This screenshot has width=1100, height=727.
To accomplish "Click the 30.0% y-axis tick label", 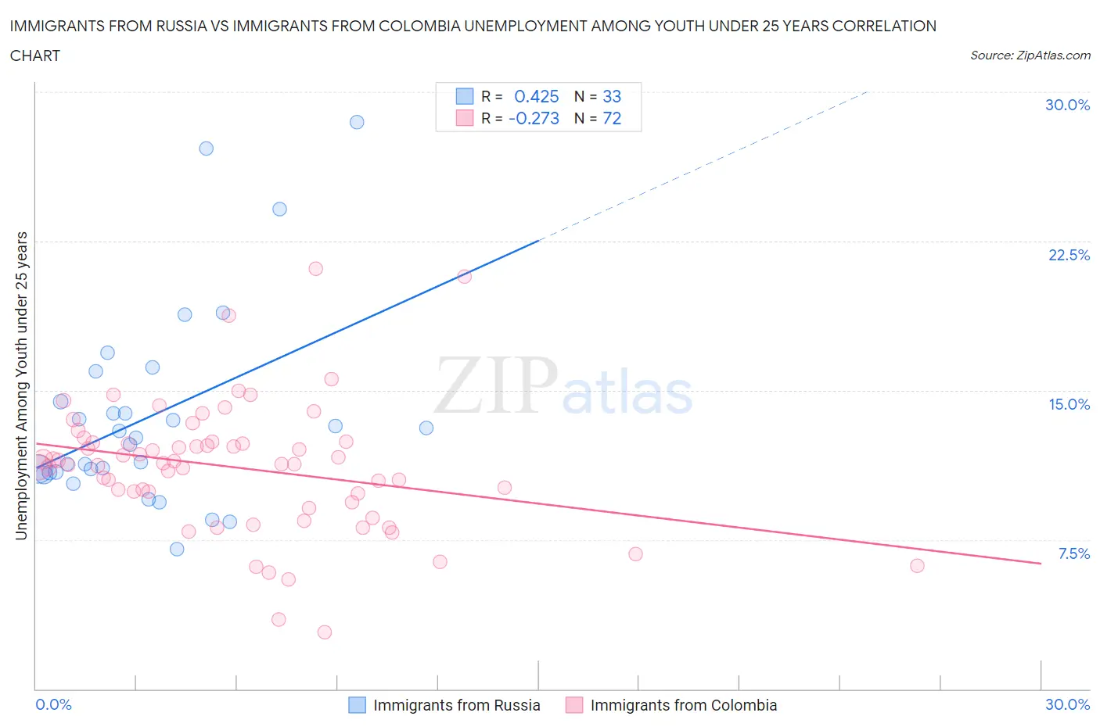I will point(1067,105).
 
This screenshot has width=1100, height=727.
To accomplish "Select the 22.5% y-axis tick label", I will point(1069,255).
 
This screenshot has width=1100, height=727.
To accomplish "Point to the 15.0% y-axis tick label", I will point(1069,404).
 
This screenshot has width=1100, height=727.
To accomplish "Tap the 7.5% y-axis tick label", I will point(1073,553).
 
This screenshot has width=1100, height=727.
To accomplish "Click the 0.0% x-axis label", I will point(53,704).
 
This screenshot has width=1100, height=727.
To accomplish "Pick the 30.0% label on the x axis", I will point(1067,704).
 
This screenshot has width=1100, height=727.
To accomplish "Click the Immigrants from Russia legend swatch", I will point(357,705).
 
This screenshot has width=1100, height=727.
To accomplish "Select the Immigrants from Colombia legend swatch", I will point(574,705).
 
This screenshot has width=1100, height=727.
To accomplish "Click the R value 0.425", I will point(536,96).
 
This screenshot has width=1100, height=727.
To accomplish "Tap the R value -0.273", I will point(534,118).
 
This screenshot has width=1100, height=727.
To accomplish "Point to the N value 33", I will point(612,96).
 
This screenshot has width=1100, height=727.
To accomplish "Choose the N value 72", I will point(612,118).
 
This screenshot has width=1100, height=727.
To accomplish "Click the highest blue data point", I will point(357,122).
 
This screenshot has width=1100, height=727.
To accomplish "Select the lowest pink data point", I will point(325,632).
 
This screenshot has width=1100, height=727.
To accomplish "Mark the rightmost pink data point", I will point(917,565).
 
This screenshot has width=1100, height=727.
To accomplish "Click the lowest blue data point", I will point(177,549).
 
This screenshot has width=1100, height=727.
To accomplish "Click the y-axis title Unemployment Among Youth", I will point(21,385).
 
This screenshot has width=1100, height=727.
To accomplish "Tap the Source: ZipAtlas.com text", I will point(1030,55).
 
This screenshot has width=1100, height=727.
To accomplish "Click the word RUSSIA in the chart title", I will point(180,26).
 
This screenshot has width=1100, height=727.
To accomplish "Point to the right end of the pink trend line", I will point(1041,563).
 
